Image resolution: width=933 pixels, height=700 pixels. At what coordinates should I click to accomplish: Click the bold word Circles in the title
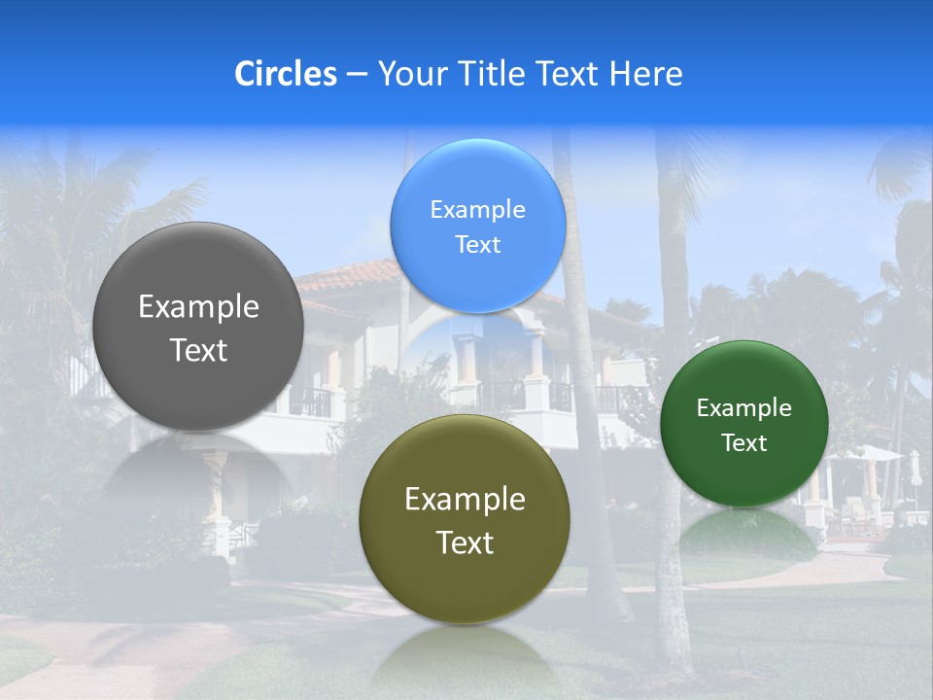point(286,74)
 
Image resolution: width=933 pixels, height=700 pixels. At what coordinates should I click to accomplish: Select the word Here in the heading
point(645,74)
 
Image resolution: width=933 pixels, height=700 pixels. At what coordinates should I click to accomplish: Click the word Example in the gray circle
point(198,307)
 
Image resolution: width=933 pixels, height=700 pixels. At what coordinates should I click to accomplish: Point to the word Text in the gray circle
point(198,350)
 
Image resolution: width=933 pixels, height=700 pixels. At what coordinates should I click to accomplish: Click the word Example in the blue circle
point(477,210)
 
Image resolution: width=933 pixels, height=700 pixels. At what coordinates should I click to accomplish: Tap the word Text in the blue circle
point(477,245)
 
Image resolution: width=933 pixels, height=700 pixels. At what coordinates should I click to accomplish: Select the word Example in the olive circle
point(465,500)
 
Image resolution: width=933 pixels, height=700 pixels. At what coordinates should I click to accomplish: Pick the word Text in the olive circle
point(465,542)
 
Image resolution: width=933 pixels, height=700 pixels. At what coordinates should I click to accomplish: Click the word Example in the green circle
point(743,408)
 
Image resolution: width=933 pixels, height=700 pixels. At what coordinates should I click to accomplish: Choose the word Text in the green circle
point(743,443)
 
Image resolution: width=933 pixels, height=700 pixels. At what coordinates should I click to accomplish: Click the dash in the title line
point(357,75)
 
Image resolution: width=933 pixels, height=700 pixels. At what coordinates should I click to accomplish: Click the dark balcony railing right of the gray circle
point(311,402)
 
